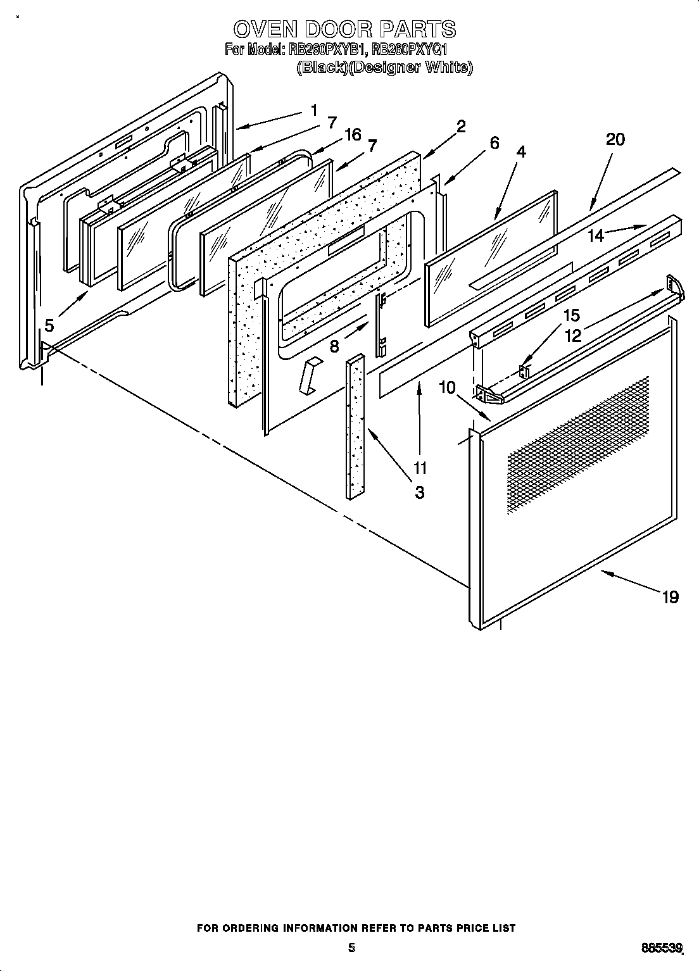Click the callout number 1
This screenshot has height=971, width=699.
coord(314,110)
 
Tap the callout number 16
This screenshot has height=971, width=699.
coord(353,134)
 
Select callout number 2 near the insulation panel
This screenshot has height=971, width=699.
coord(461,126)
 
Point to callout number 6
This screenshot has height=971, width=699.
coord(494,143)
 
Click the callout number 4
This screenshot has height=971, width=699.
coord(521,152)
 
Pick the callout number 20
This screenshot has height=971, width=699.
coord(615,139)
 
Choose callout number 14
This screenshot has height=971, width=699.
coord(596,236)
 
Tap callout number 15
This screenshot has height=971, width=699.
coord(571,315)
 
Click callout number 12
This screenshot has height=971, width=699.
coord(572,335)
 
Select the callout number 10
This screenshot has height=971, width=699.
coord(447,387)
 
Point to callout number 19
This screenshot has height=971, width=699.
coord(670,596)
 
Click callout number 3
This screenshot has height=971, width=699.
coord(420,492)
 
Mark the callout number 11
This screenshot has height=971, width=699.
coord(420,468)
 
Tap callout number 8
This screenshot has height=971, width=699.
coord(334,346)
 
